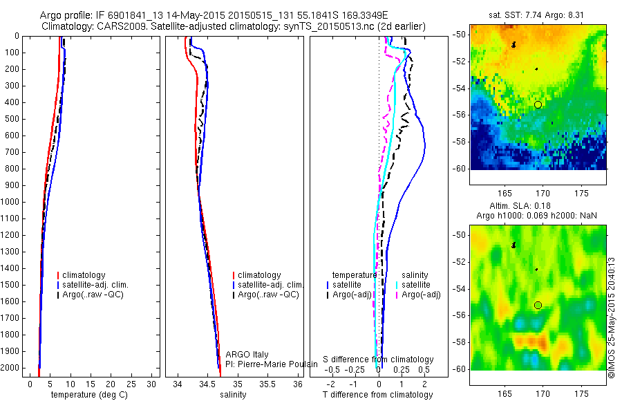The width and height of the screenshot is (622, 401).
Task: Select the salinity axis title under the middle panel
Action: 232,395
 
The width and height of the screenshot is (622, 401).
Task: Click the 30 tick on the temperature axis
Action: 153,384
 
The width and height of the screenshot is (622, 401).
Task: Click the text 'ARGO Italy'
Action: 246,354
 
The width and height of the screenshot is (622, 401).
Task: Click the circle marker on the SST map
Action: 538,104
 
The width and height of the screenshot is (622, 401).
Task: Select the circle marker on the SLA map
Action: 538,305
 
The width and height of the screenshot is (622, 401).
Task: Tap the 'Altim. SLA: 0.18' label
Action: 539,207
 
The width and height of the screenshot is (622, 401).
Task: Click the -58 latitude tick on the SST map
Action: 460,142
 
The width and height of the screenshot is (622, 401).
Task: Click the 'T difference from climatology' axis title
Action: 378,395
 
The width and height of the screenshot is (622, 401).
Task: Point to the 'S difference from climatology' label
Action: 378,360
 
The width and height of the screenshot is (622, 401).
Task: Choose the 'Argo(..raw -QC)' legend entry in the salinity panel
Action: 268,295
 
